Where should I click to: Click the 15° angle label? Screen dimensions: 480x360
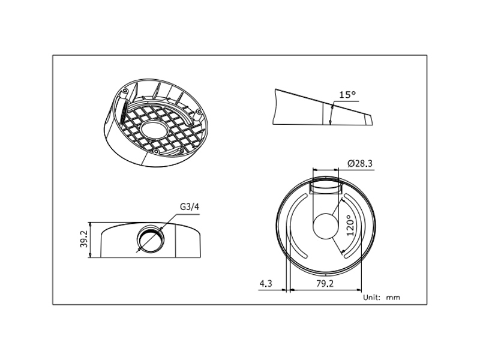pyautogui.click(x=347, y=95)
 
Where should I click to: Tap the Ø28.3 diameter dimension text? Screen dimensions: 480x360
pyautogui.click(x=360, y=163)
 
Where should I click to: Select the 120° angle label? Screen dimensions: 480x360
pyautogui.click(x=350, y=226)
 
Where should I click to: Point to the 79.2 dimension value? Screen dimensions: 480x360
pyautogui.click(x=325, y=284)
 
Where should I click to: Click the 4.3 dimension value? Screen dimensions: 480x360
pyautogui.click(x=266, y=284)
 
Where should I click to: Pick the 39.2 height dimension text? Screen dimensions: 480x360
pyautogui.click(x=84, y=239)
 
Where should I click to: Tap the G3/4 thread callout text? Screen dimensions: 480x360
pyautogui.click(x=190, y=207)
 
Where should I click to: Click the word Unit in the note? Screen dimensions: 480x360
pyautogui.click(x=371, y=297)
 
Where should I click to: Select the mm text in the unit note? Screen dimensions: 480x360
pyautogui.click(x=393, y=298)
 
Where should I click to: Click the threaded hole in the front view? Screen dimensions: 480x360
pyautogui.click(x=151, y=239)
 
